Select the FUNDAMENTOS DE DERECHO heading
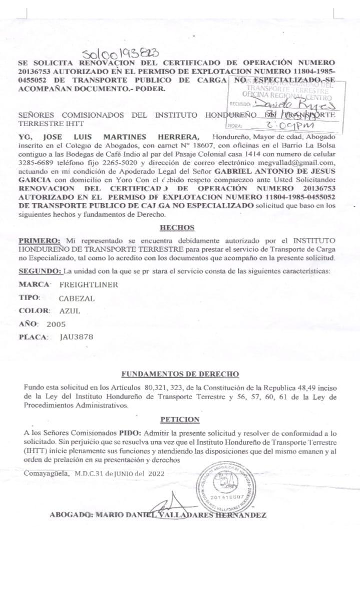tap(180, 374)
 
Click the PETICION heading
tap(180, 419)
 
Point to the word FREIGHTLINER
tap(89, 284)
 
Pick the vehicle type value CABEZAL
tap(76, 297)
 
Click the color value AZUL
tap(70, 311)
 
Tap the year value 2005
tap(56, 324)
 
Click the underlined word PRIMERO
tap(39, 240)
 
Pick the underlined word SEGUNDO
tap(40, 271)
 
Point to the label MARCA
tap(34, 284)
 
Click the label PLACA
tap(33, 337)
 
